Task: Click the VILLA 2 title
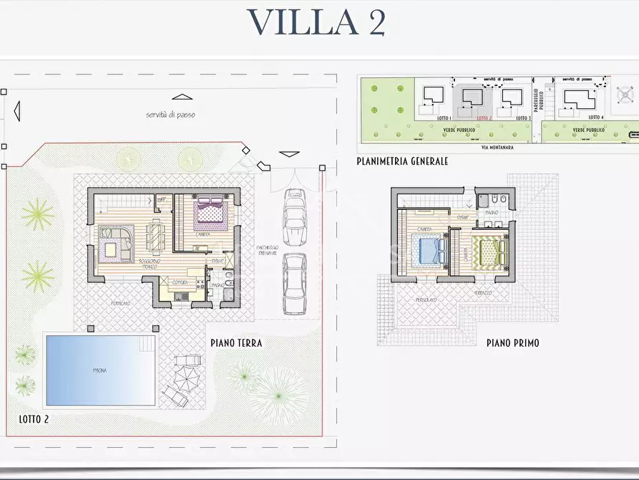[x=317, y=22]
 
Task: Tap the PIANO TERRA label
[x=236, y=343]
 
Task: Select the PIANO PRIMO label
[x=512, y=343]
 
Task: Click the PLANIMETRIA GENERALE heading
[x=402, y=161]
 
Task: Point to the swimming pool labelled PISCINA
[x=100, y=370]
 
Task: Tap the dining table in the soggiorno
[x=154, y=233]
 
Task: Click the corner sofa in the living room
[x=114, y=244]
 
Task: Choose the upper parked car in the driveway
[x=294, y=217]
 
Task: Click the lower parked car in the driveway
[x=293, y=283]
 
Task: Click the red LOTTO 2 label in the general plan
[x=484, y=117]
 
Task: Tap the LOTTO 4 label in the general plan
[x=595, y=117]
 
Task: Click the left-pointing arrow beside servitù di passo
[x=16, y=111]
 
